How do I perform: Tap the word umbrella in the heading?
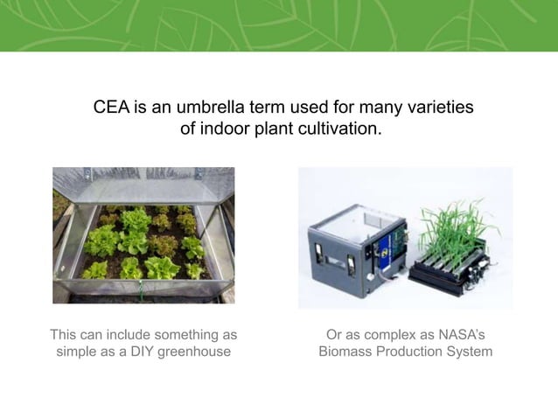[213, 108]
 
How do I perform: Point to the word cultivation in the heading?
[340, 129]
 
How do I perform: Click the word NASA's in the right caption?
[459, 334]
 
